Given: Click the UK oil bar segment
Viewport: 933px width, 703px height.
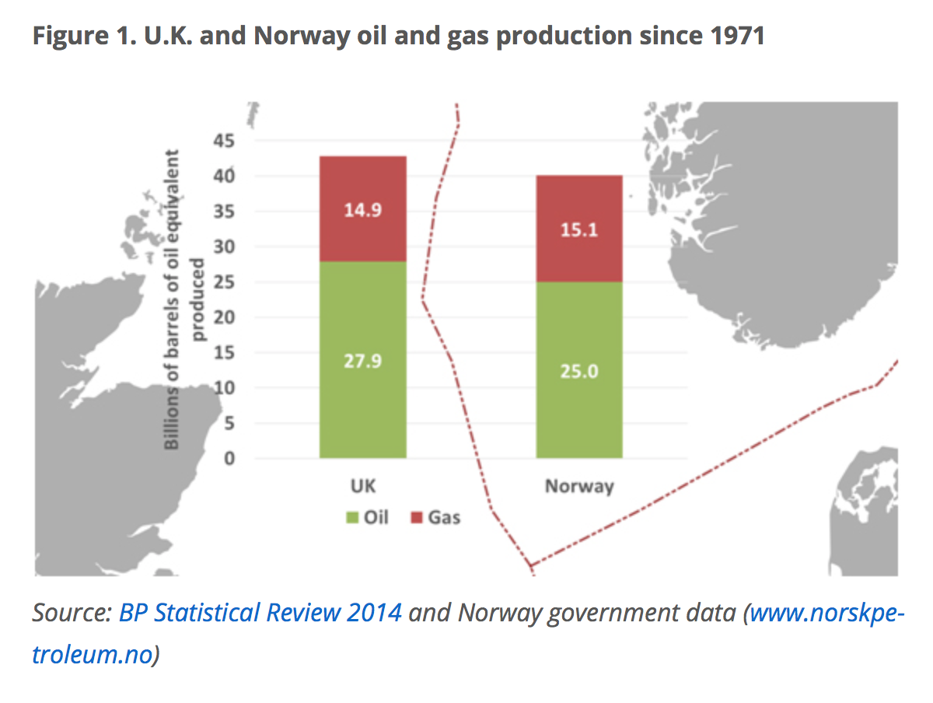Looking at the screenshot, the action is [x=362, y=359].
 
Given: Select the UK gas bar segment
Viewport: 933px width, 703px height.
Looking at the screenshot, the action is [x=362, y=208].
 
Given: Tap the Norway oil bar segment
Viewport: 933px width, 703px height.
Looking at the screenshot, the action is [x=579, y=370].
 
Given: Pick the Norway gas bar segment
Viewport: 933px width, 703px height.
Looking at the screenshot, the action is [x=579, y=229].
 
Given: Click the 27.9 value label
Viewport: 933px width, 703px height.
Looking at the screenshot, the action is [x=362, y=362].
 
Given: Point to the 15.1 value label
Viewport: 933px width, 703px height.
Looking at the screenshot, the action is [x=579, y=230].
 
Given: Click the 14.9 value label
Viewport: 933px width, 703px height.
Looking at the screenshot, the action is [x=362, y=210].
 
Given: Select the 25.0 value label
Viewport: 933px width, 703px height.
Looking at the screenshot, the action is [x=579, y=372].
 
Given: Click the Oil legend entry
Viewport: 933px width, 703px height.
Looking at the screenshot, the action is [x=367, y=517].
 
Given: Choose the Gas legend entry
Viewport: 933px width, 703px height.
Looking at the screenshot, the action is [x=435, y=517].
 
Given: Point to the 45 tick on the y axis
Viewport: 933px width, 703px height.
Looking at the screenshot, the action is [x=224, y=141].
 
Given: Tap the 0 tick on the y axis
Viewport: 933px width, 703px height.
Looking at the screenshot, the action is [x=229, y=458].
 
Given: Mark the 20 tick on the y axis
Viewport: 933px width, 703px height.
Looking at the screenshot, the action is [x=224, y=317].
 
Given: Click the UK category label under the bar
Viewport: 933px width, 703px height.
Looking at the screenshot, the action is [x=363, y=486].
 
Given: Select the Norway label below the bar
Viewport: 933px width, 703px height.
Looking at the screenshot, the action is [x=579, y=487].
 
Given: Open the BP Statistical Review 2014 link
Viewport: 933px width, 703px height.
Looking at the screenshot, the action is [x=260, y=613].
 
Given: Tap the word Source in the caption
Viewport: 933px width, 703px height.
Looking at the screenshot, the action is [x=72, y=613].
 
